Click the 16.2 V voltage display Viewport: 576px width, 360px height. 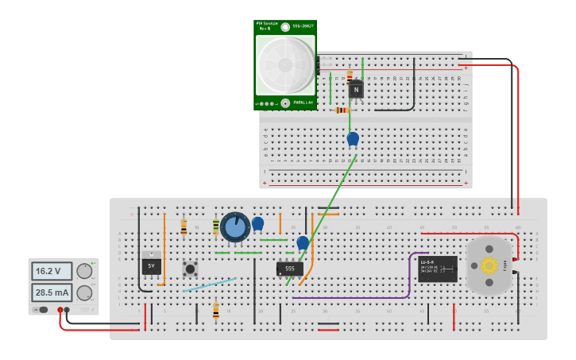52,271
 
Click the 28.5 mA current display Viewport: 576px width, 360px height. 52,292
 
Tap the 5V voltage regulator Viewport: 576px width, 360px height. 151,265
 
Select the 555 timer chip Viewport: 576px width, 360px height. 289,269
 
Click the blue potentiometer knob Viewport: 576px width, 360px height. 235,227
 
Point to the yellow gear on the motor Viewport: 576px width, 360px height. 489,265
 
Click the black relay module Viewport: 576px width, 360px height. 438,269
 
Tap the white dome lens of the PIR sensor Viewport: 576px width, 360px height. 284,65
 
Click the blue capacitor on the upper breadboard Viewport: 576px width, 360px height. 353,138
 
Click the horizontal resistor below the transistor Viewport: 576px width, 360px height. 342,110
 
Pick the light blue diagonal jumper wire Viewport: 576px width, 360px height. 210,285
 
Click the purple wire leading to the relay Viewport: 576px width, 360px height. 350,297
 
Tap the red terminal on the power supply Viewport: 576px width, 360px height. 60,310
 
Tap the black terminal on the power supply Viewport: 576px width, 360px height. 68,310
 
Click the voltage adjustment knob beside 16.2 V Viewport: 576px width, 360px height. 83,271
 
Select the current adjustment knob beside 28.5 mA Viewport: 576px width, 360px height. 83,292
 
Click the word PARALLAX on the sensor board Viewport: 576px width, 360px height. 303,103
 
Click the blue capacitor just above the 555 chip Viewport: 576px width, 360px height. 303,242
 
